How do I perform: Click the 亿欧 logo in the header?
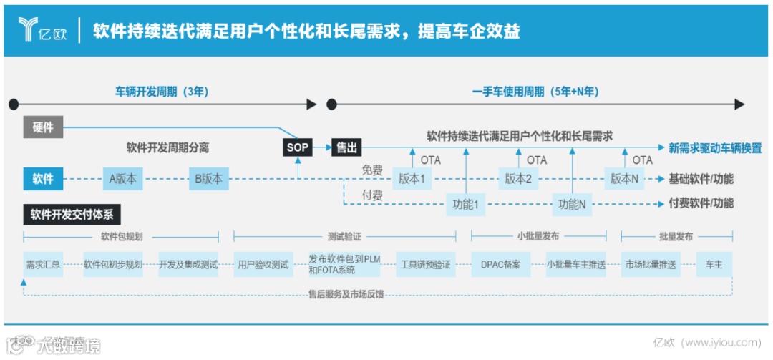[42, 30]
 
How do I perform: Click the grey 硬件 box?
[43, 127]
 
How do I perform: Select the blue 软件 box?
[43, 179]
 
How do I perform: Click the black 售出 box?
[346, 148]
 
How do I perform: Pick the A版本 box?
[122, 179]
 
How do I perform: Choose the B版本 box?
[209, 179]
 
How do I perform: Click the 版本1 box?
[412, 179]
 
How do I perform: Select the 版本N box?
[624, 179]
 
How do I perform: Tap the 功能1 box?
[465, 204]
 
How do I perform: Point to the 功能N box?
[572, 204]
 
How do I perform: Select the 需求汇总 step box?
[43, 264]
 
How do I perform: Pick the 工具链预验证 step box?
[425, 264]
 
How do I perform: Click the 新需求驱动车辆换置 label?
[714, 148]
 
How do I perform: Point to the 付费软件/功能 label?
[701, 203]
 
